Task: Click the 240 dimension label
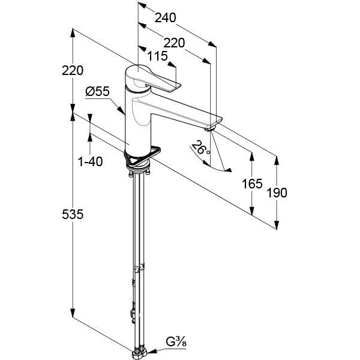(166, 17)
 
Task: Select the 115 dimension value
(157, 56)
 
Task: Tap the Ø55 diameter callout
(97, 92)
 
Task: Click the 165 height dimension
(252, 184)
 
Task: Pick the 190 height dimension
(277, 193)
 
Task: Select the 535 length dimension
(73, 215)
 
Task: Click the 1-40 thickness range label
(90, 161)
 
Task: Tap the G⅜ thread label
(176, 342)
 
